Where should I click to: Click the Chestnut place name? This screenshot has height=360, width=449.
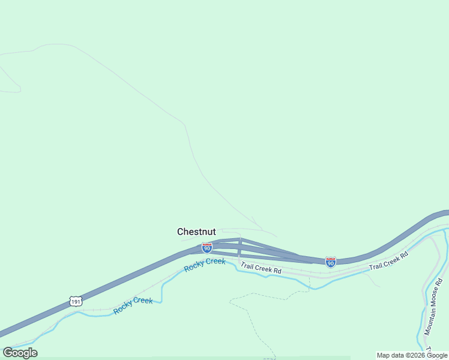point(196,232)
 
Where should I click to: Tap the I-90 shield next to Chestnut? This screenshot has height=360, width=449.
point(206,247)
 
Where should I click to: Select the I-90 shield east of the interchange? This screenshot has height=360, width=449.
point(330,262)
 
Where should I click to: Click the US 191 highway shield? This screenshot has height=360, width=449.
point(74,301)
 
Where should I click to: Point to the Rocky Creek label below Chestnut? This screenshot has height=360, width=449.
point(205,265)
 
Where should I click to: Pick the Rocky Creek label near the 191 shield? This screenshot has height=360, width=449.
point(133,304)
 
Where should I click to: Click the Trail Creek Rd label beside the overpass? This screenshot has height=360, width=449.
point(261,268)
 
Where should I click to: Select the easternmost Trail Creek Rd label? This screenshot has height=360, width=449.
point(388,260)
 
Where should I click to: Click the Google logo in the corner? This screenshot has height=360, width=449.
point(20,352)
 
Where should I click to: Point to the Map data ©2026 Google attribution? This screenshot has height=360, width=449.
point(412,355)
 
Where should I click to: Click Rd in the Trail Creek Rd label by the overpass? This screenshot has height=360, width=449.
point(277,271)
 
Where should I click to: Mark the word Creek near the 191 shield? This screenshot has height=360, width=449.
point(143,301)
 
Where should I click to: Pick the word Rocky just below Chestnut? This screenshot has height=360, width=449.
point(194,267)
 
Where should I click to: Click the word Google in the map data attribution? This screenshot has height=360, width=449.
point(437,355)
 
